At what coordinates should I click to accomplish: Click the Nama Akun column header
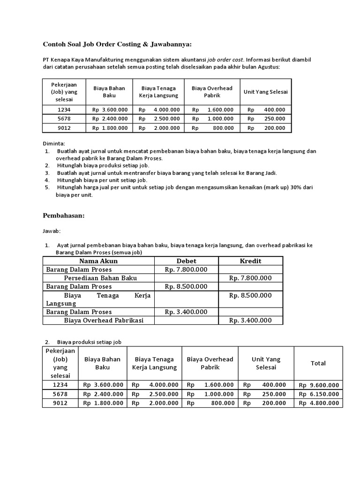(98, 261)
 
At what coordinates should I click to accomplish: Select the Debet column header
(186, 261)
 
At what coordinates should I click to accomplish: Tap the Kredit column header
(250, 261)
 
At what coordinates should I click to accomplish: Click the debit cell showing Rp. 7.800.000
(186, 270)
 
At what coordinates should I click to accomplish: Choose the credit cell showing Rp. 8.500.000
(250, 295)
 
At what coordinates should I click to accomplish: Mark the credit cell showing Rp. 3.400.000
(250, 320)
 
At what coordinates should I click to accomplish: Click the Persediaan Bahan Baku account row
(100, 278)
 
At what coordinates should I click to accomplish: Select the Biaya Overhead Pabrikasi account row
(103, 320)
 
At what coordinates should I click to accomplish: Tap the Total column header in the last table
(318, 363)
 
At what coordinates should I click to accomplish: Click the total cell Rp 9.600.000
(318, 385)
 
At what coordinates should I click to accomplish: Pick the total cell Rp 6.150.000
(318, 394)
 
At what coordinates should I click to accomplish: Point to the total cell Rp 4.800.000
(318, 403)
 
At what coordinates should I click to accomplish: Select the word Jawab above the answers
(52, 231)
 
